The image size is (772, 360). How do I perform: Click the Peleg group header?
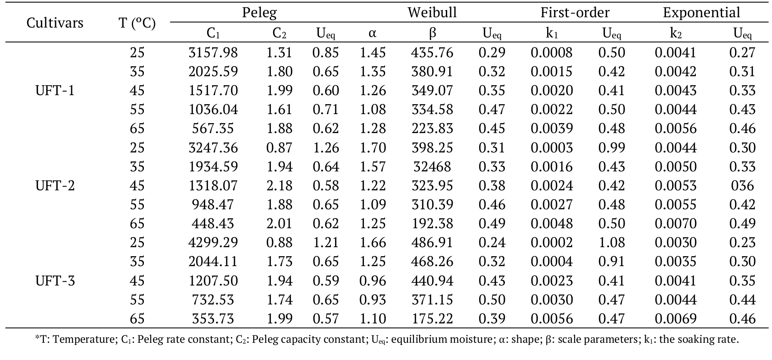[x=259, y=12]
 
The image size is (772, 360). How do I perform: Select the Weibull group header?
[x=432, y=12]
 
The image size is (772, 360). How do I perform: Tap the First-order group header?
[x=575, y=12]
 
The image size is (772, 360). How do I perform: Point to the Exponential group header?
[x=701, y=12]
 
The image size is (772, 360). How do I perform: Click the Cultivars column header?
[x=55, y=22]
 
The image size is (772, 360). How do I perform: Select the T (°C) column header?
[x=137, y=22]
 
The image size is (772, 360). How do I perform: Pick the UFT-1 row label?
[x=55, y=90]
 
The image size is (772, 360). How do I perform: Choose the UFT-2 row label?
[x=55, y=186]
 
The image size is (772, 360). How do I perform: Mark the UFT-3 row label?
[x=55, y=281]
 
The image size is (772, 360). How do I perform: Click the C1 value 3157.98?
[x=213, y=53]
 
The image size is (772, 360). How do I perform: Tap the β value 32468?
[x=432, y=167]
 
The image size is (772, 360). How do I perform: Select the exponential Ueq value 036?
[x=742, y=186]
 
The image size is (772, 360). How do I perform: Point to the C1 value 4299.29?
[x=213, y=242]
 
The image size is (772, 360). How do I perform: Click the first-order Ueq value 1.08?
[x=611, y=242]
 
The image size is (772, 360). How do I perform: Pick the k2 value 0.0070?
[x=675, y=223]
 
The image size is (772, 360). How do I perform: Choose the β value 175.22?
[x=432, y=319]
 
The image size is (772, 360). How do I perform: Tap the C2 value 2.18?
[x=279, y=186]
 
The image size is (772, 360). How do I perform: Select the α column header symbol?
[x=373, y=33]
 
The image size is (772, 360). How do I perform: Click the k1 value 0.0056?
[x=551, y=319]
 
